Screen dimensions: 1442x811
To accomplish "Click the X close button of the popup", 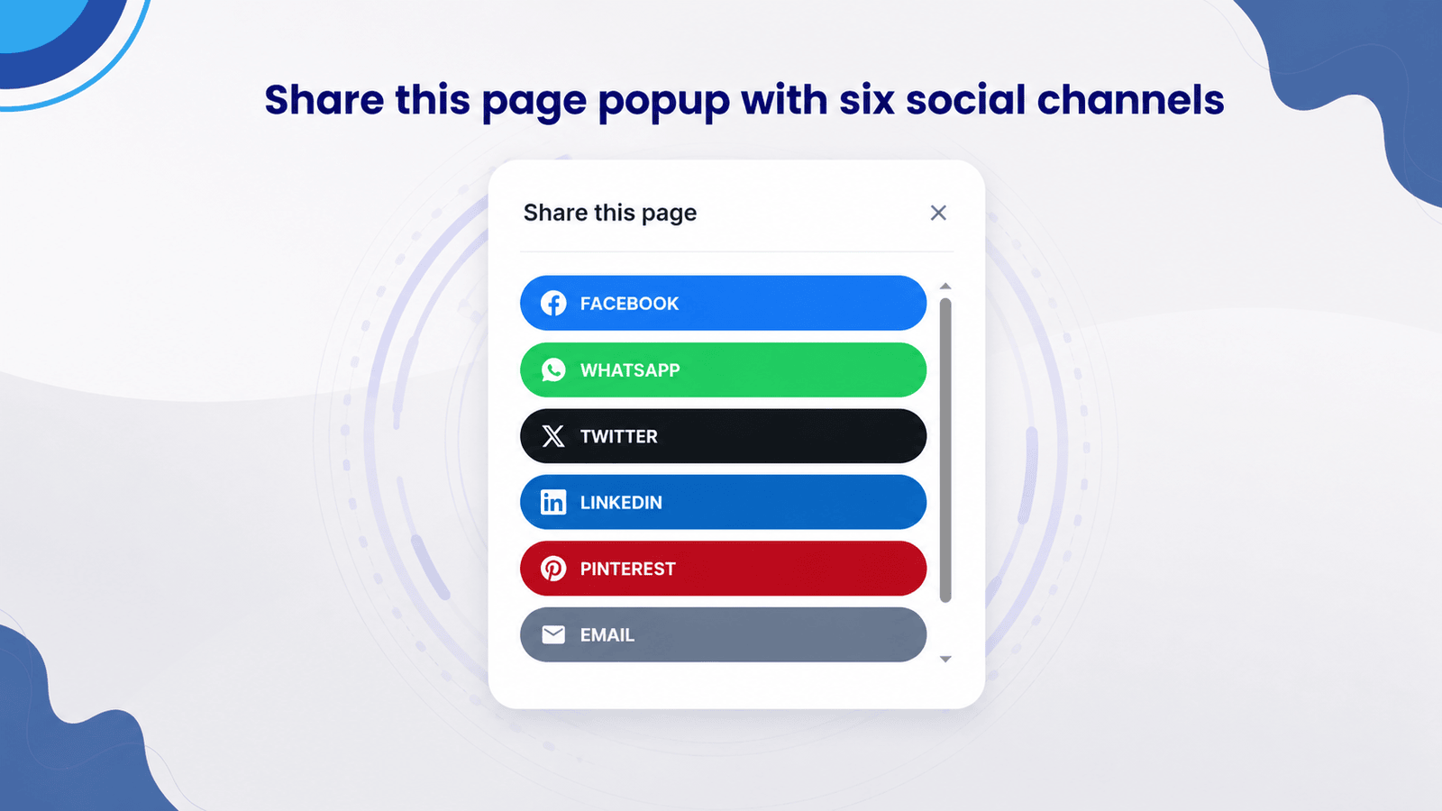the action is [x=938, y=213].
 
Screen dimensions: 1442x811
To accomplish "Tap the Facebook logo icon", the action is [x=553, y=303].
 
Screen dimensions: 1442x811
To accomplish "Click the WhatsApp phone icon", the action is [x=553, y=370].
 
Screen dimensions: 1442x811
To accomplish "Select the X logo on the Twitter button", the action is [x=553, y=436].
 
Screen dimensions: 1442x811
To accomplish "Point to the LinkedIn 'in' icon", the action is [x=553, y=502].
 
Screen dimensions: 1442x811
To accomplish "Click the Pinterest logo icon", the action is [x=553, y=569].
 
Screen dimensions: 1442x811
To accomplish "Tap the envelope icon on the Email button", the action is [x=553, y=634].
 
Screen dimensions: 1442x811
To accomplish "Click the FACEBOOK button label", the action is [x=629, y=304].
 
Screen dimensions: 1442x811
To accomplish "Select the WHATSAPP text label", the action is [x=630, y=370].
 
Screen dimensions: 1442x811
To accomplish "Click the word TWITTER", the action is [x=618, y=436].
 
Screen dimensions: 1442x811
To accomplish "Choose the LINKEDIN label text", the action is [x=621, y=503].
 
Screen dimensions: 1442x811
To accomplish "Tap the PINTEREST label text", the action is [x=627, y=569].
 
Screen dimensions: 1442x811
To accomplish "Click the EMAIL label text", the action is [x=607, y=635].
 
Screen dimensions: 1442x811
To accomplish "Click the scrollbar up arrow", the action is [x=945, y=286].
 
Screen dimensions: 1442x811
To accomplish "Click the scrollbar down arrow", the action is [x=945, y=659].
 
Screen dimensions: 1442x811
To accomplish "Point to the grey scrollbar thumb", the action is [x=945, y=450].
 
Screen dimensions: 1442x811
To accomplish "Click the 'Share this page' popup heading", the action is [x=609, y=213].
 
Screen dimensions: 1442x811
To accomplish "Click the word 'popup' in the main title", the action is [x=663, y=102].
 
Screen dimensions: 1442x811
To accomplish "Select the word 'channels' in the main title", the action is [x=1130, y=100].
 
